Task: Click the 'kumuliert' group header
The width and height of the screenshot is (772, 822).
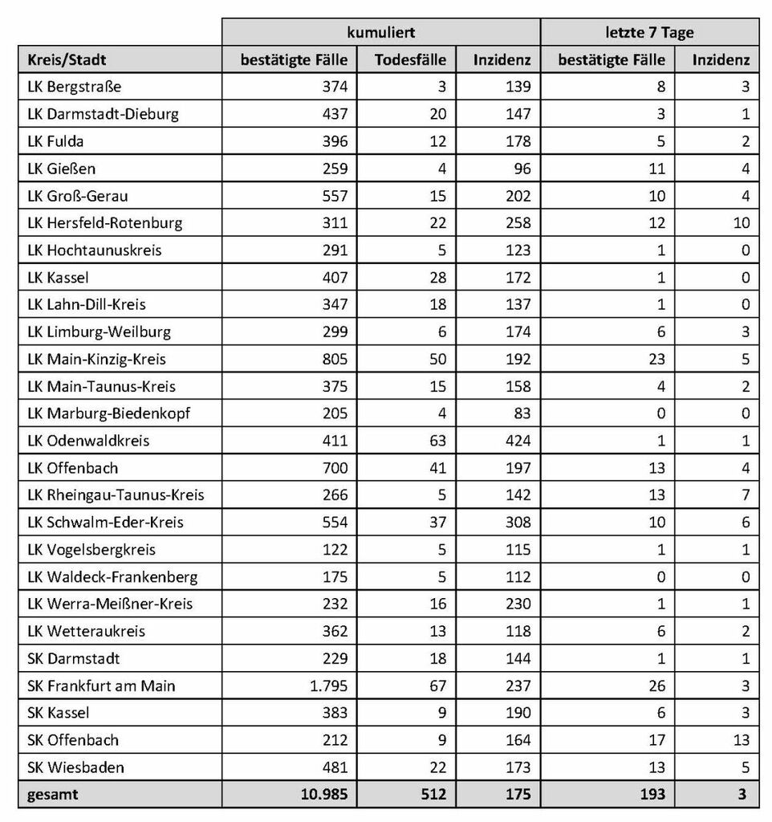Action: point(380,33)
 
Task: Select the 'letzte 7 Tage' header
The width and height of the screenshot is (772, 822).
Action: point(649,33)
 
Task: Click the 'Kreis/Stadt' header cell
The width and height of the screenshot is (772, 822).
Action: point(67,59)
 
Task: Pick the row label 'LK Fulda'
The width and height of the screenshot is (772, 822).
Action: point(55,141)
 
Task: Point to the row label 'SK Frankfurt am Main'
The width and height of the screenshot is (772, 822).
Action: point(101,686)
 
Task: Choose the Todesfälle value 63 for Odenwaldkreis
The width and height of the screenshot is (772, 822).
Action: point(437,441)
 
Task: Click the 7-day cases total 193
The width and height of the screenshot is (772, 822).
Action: point(652,794)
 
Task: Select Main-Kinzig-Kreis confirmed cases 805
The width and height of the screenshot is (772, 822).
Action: point(334,359)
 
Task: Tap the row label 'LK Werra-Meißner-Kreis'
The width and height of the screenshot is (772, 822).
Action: point(110,604)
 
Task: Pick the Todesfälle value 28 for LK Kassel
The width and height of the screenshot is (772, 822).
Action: point(437,277)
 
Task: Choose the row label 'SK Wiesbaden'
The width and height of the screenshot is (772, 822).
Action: point(75,767)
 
